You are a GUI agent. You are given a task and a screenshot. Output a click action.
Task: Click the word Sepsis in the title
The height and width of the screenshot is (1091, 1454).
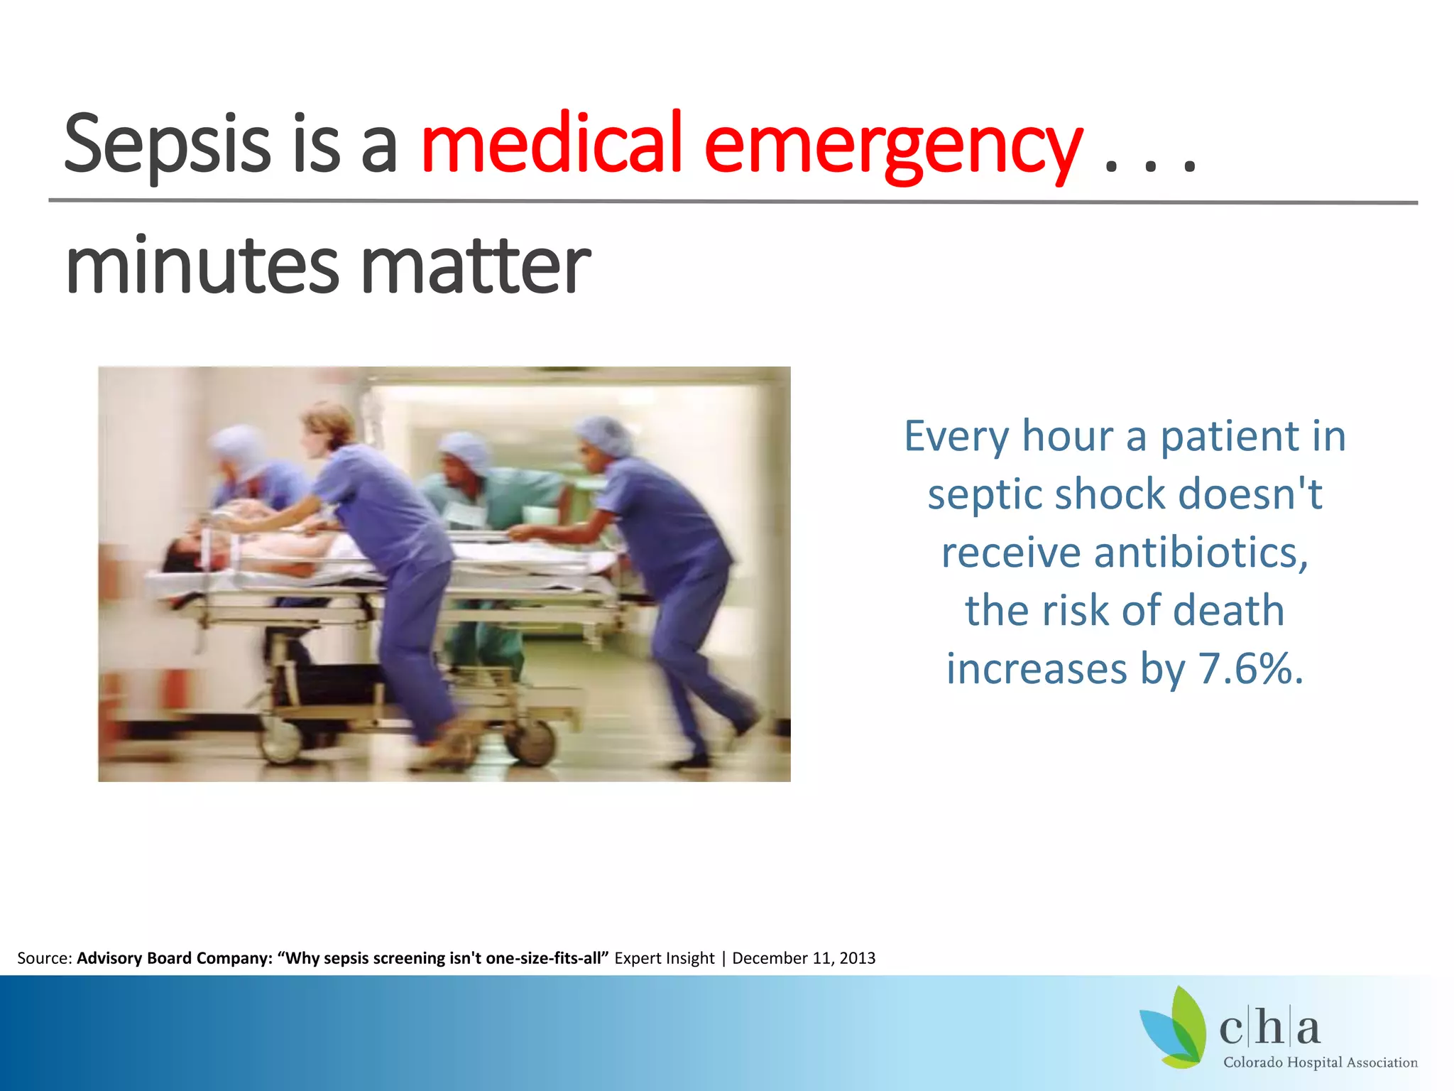pos(167,146)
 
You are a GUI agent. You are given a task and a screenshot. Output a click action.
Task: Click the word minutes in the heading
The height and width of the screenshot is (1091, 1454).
pos(202,266)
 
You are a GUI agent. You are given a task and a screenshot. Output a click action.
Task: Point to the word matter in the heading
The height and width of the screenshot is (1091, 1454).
pos(476,266)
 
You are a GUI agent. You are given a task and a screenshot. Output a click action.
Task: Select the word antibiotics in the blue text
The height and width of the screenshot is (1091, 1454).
pos(1201,553)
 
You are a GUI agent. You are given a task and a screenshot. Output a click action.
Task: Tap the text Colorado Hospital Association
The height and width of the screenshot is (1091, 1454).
pos(1320,1063)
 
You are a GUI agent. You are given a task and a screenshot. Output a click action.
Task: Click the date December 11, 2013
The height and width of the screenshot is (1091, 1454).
pos(804,958)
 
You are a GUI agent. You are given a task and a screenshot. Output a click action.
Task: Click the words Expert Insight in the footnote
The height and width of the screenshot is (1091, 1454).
pos(664,958)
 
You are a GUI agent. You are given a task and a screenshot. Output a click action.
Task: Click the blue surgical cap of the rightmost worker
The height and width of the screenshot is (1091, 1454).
pos(604,435)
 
